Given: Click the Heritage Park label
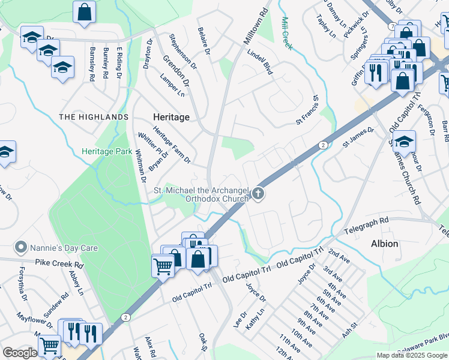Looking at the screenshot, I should click(107, 152).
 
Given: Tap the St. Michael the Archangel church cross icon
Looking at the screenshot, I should click(258, 193).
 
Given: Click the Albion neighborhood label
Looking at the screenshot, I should click(384, 244).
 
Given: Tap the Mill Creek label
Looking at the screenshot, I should click(286, 34).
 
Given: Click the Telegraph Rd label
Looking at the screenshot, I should click(366, 226).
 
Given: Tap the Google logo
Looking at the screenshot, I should click(20, 353).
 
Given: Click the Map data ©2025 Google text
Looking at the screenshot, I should click(412, 355).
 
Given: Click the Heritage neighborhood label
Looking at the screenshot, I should click(171, 117).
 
